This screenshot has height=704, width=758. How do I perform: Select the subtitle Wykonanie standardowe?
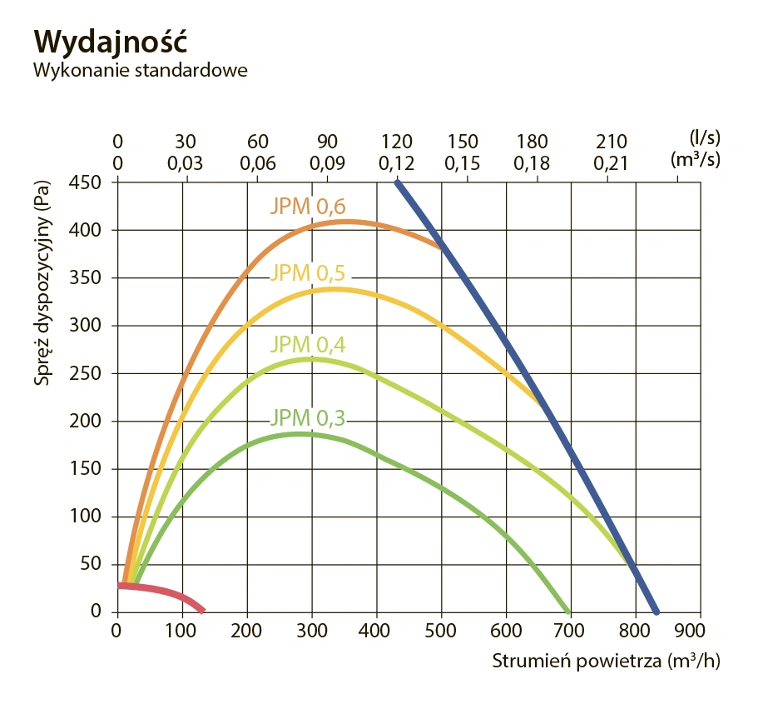(x=141, y=69)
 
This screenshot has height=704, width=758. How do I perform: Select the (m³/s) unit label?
(x=696, y=160)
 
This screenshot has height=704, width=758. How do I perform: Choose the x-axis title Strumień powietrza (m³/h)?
(x=606, y=662)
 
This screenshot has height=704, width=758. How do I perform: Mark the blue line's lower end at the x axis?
(x=656, y=610)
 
